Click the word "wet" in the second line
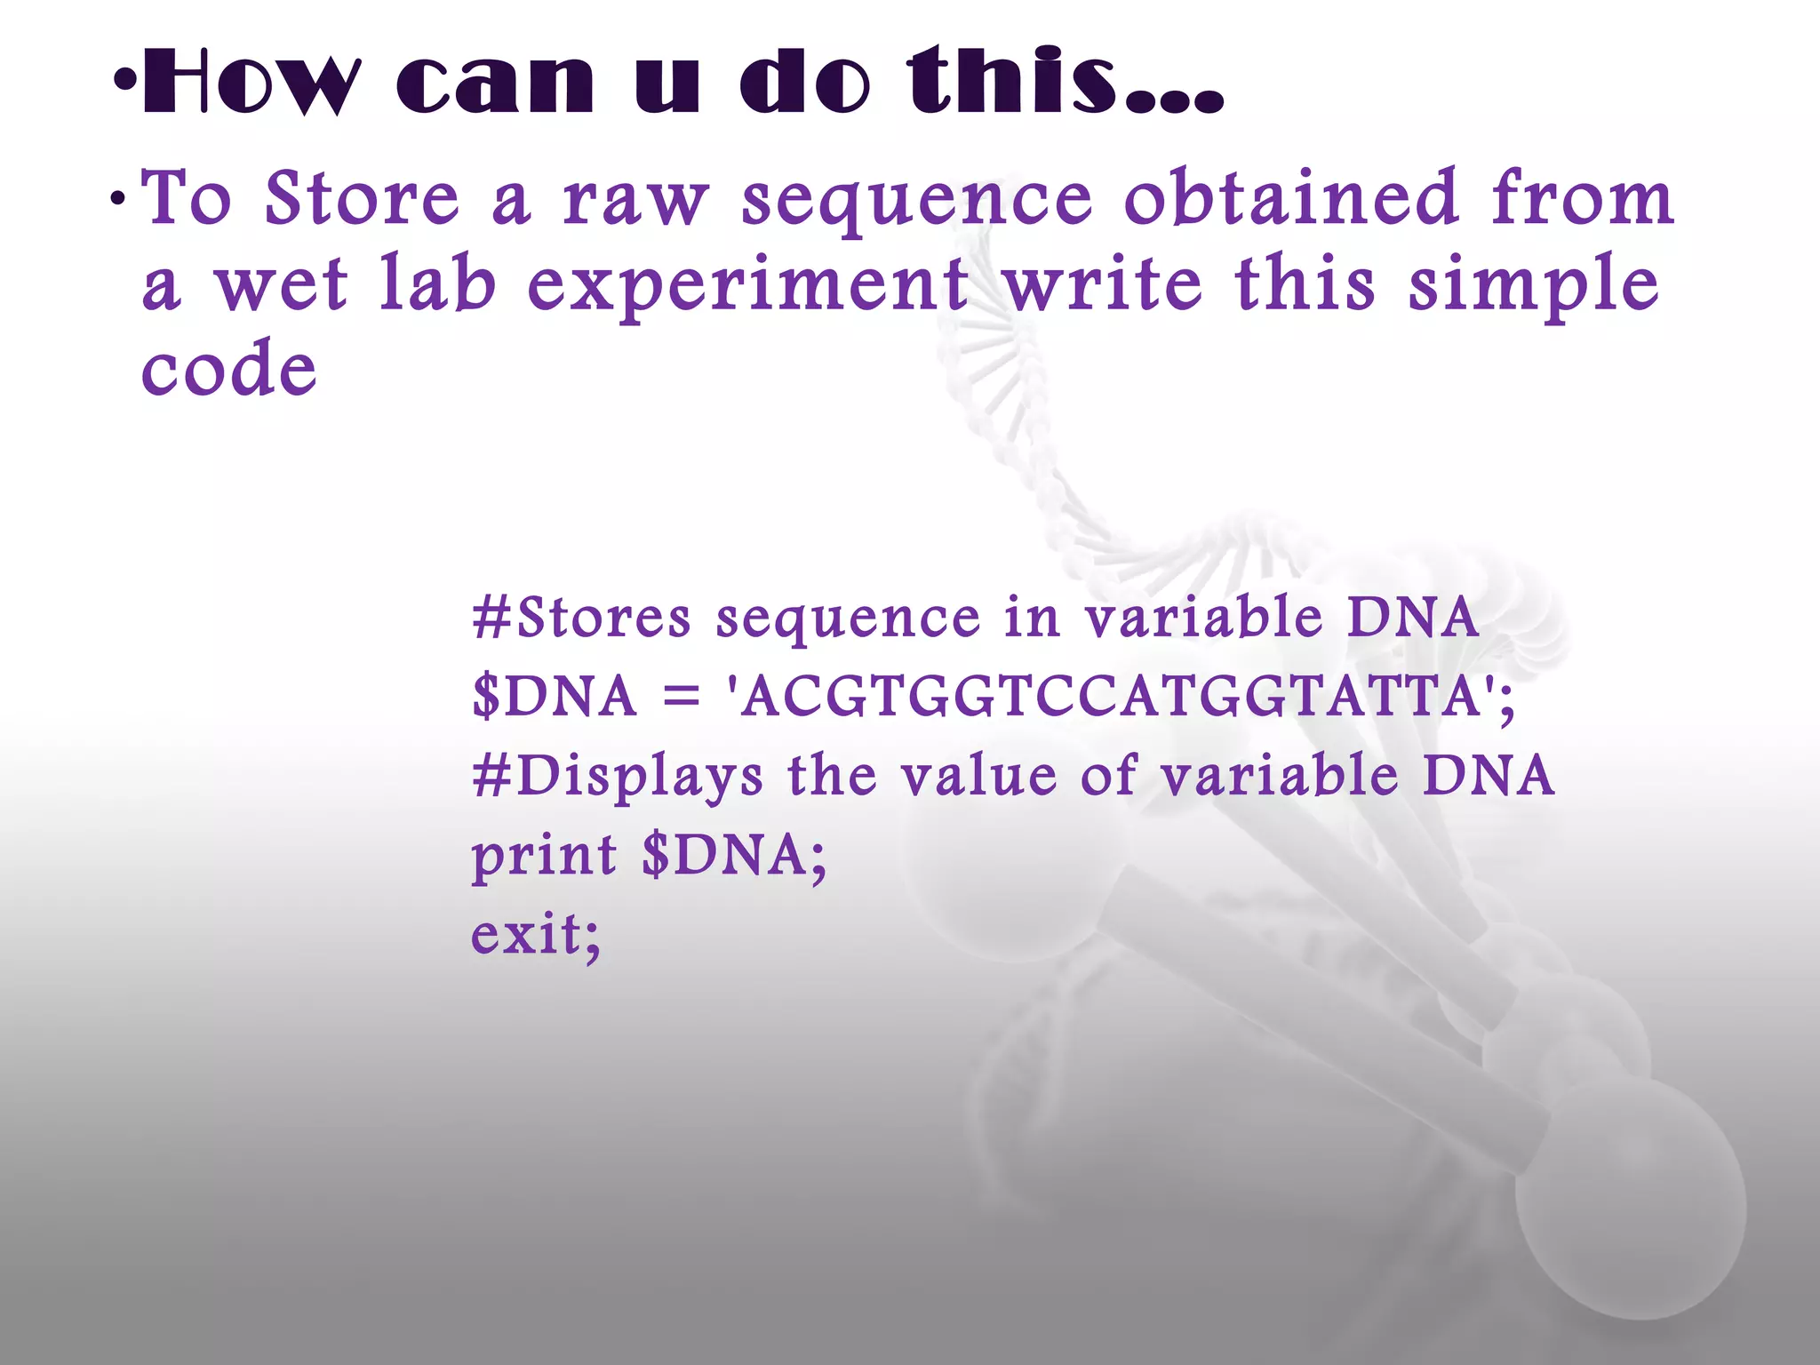click(x=282, y=284)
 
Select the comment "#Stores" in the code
click(x=582, y=617)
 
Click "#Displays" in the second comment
click(x=618, y=777)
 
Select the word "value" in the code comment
click(x=979, y=775)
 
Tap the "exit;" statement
click(x=536, y=934)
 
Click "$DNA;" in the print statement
click(x=735, y=855)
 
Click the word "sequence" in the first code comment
click(x=849, y=619)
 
